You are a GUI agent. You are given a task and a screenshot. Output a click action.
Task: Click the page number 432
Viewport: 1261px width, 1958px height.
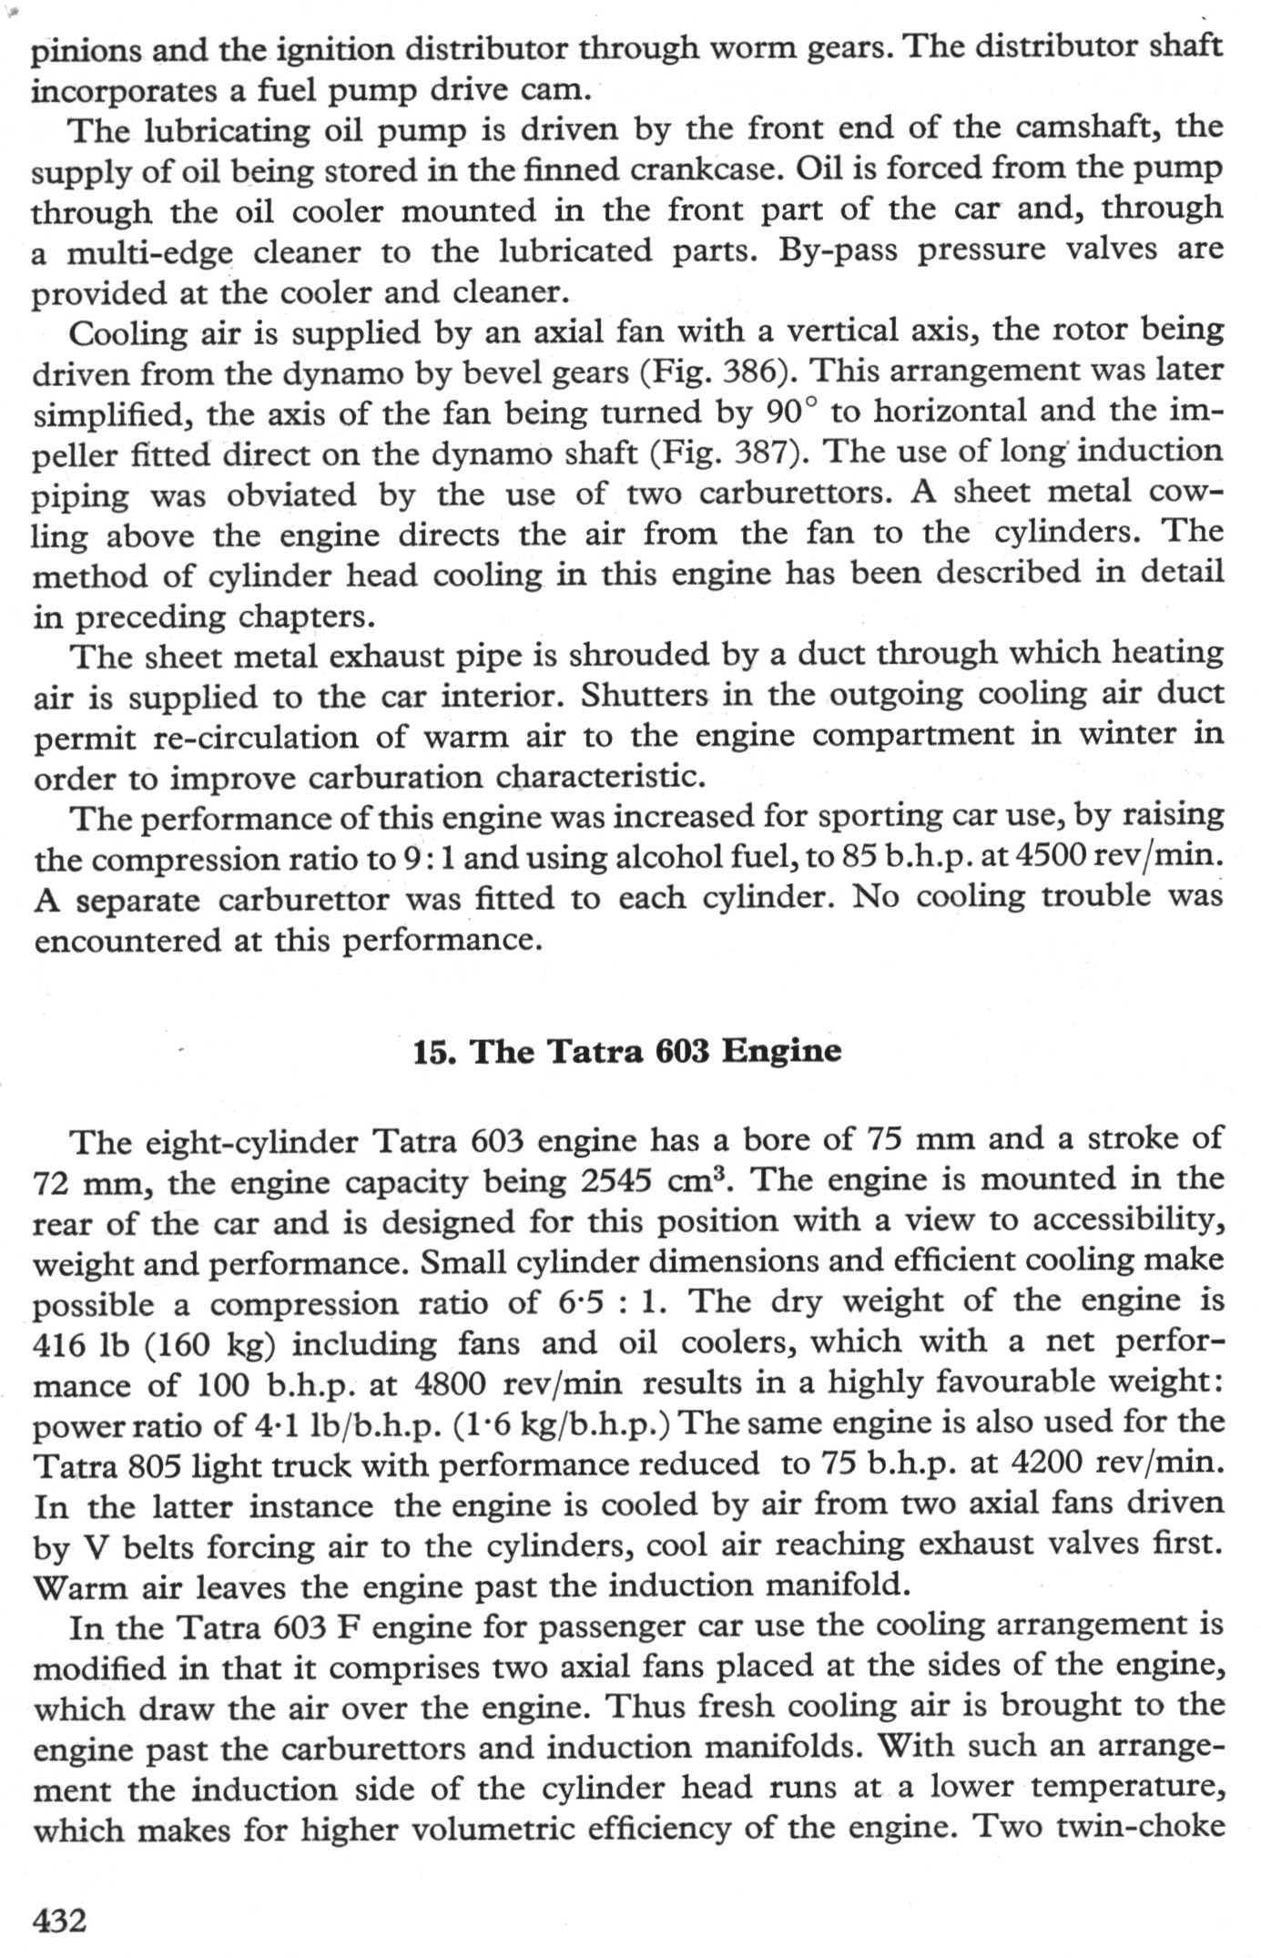click(60, 1920)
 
